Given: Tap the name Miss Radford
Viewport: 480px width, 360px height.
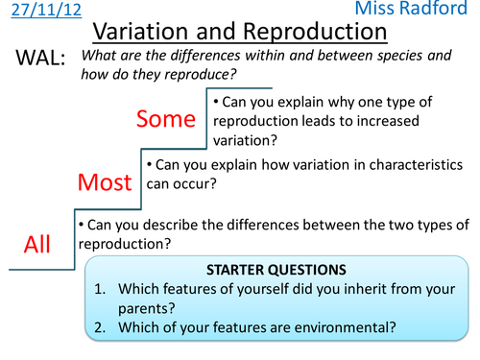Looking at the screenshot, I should (421, 12).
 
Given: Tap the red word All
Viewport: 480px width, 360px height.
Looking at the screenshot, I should (36, 244).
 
